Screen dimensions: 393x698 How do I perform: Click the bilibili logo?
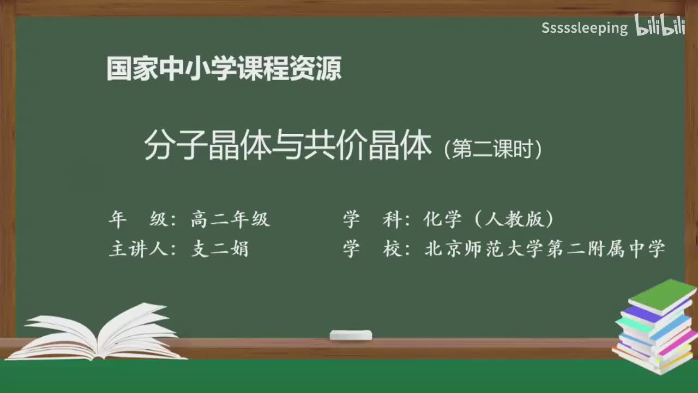[x=659, y=26]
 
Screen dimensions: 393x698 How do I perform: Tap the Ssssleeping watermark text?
[x=584, y=28]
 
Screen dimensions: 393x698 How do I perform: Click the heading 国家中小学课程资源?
[x=224, y=69]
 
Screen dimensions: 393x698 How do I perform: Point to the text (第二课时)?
[x=493, y=149]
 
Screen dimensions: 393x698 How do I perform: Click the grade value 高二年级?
[x=230, y=219]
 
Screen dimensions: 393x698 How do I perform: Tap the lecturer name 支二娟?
[x=220, y=249]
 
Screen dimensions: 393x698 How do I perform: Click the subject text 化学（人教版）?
[x=489, y=219]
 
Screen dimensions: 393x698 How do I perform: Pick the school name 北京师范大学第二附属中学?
[x=545, y=249]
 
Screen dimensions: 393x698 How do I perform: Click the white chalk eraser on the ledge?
[x=351, y=335]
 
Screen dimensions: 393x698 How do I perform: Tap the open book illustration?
[x=101, y=334]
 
